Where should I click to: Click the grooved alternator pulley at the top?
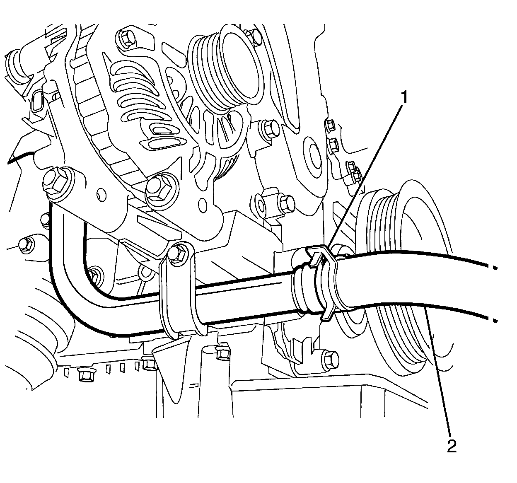tap(224, 66)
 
